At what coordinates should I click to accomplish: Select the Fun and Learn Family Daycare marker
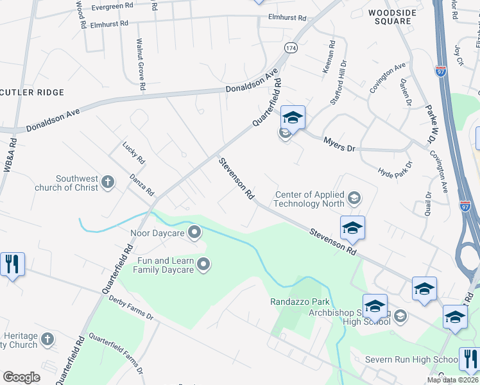tap(203, 264)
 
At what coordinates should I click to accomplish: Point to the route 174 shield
tap(291, 48)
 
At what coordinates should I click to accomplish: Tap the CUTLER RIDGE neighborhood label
tap(32, 92)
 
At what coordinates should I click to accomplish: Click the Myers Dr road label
tap(339, 144)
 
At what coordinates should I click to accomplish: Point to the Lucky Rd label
tap(135, 153)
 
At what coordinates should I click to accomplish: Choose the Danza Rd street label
tap(142, 185)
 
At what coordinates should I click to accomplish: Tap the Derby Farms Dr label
tap(131, 307)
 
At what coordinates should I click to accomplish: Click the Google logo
tap(21, 377)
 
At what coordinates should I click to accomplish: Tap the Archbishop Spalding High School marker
tap(400, 315)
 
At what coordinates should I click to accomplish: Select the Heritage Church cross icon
tap(47, 339)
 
